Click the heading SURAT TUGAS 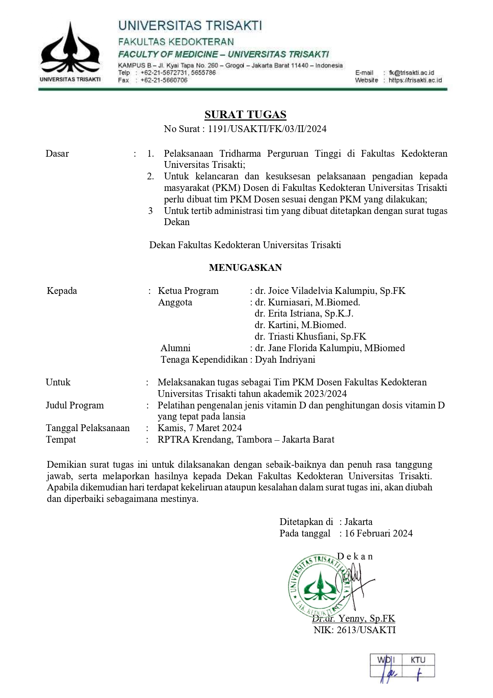(x=245, y=115)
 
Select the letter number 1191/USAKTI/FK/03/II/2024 (x=267, y=129)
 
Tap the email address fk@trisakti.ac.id (x=411, y=73)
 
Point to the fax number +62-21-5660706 (x=164, y=80)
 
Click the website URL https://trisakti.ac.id (x=415, y=80)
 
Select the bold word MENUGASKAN (x=245, y=268)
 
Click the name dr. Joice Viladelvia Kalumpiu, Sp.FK (x=330, y=291)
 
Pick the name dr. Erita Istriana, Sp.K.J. (x=304, y=313)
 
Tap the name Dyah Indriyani (x=285, y=360)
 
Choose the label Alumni (x=175, y=348)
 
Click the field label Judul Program (x=75, y=405)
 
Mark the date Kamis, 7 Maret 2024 (x=199, y=428)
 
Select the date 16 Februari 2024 (x=378, y=533)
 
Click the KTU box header (x=418, y=660)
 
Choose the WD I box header (x=386, y=660)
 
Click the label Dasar (x=57, y=154)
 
